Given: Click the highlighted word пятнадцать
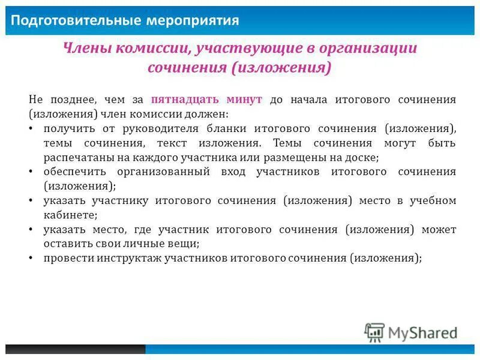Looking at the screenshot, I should [x=188, y=100].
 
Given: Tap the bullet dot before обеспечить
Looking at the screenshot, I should [x=31, y=172].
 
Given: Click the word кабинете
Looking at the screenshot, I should [x=69, y=215].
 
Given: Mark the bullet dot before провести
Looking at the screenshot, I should [x=31, y=258].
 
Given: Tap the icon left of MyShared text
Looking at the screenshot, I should [x=374, y=332].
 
